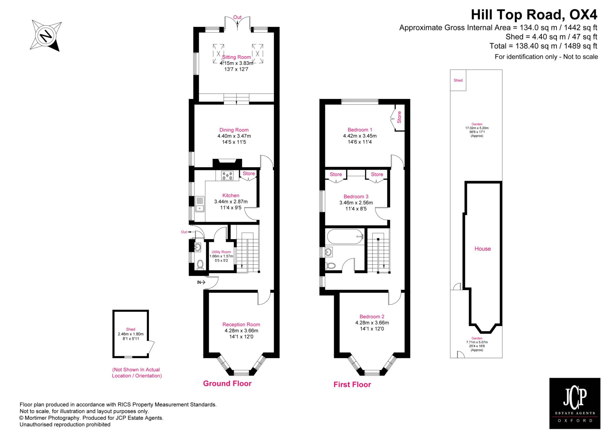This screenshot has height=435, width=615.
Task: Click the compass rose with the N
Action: tap(46, 36)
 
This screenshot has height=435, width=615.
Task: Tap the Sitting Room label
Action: tap(236, 57)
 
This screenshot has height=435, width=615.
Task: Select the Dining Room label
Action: tap(234, 130)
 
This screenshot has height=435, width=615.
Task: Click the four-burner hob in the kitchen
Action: tap(227, 175)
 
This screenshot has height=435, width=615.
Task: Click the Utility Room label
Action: tap(221, 252)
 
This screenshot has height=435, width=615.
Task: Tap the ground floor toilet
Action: tap(200, 265)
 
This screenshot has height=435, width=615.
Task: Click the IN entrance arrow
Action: tap(201, 282)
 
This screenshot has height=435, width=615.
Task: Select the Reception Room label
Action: tap(241, 325)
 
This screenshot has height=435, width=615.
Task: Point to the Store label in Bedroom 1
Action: tap(399, 117)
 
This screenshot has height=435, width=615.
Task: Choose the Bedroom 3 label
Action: tap(356, 197)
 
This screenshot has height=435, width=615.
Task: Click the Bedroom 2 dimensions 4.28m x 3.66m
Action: tap(372, 323)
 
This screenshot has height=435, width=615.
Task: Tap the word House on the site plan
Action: tap(483, 249)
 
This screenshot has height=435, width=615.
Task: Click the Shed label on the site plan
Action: tap(458, 80)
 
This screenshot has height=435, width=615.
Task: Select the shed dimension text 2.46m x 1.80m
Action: tap(131, 334)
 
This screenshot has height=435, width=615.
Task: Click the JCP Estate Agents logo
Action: tap(575, 407)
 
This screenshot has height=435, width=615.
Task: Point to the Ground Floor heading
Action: tap(227, 383)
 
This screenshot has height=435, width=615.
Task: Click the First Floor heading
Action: tap(352, 385)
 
